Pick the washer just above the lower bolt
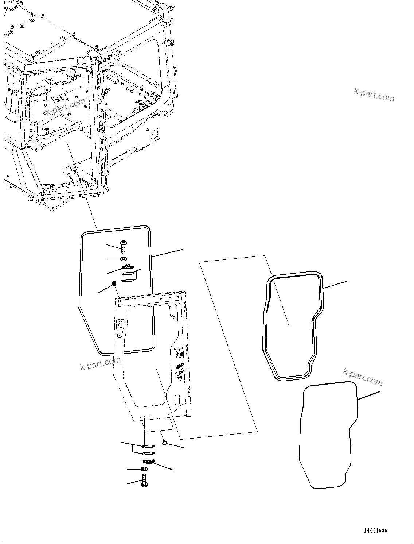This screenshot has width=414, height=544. pos(144,469)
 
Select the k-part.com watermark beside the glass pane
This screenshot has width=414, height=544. pos(363,377)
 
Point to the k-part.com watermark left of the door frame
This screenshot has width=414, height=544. pos(100,363)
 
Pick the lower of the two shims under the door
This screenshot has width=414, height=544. pos(149,454)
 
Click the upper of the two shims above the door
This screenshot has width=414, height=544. pos(128,273)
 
